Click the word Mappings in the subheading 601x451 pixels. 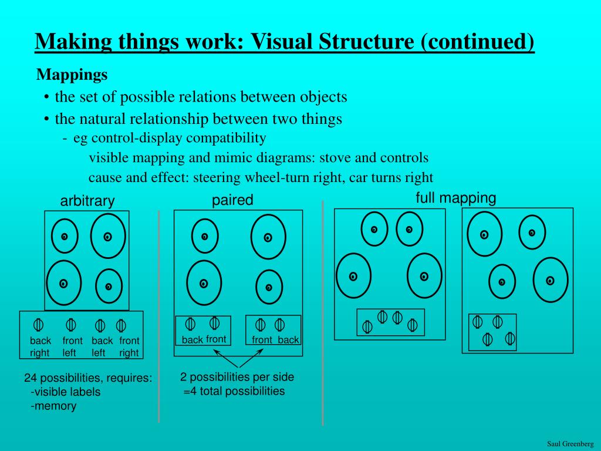(72, 75)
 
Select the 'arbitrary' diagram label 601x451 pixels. (87, 201)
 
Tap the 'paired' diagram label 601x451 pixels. (232, 200)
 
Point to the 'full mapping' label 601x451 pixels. (455, 198)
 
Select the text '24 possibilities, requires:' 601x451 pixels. (88, 378)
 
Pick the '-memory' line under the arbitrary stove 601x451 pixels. (53, 406)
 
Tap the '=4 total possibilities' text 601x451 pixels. (234, 391)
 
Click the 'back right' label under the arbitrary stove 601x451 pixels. (40, 346)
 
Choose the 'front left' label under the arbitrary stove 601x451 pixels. (72, 346)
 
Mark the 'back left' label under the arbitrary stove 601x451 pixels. (102, 346)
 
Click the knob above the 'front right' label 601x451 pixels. (121, 325)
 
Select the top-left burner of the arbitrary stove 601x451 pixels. (64, 237)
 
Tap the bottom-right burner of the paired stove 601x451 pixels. (269, 287)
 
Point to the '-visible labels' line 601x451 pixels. (65, 392)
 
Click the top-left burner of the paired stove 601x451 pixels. (205, 237)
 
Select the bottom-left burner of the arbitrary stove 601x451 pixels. (63, 284)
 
